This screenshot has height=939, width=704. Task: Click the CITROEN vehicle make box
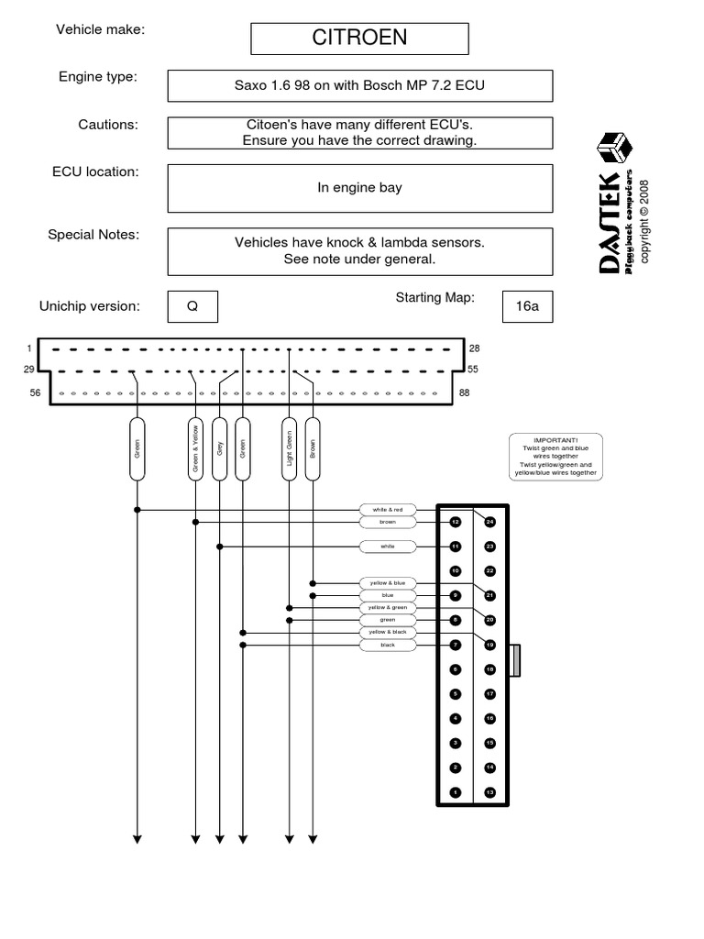[359, 39]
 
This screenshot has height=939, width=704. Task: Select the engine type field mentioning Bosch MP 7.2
[359, 86]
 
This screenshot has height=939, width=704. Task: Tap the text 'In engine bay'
[359, 188]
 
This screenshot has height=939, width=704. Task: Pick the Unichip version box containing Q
[192, 307]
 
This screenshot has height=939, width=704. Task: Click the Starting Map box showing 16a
[527, 307]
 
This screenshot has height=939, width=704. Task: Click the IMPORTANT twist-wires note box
[555, 455]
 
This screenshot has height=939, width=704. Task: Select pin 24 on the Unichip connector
[489, 522]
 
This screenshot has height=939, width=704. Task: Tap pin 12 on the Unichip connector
[456, 522]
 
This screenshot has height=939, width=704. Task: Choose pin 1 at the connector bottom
[456, 791]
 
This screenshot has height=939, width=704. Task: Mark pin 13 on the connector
[489, 791]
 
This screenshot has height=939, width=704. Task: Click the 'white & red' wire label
[387, 509]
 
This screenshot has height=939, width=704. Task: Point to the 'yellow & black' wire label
[387, 633]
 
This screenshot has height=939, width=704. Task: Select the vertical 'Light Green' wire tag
[290, 448]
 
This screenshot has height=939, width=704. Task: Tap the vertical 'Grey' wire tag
[219, 448]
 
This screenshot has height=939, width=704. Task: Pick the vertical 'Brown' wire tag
[313, 448]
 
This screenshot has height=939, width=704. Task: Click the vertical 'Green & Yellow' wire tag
[195, 448]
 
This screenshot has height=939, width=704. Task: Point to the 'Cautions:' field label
[108, 125]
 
